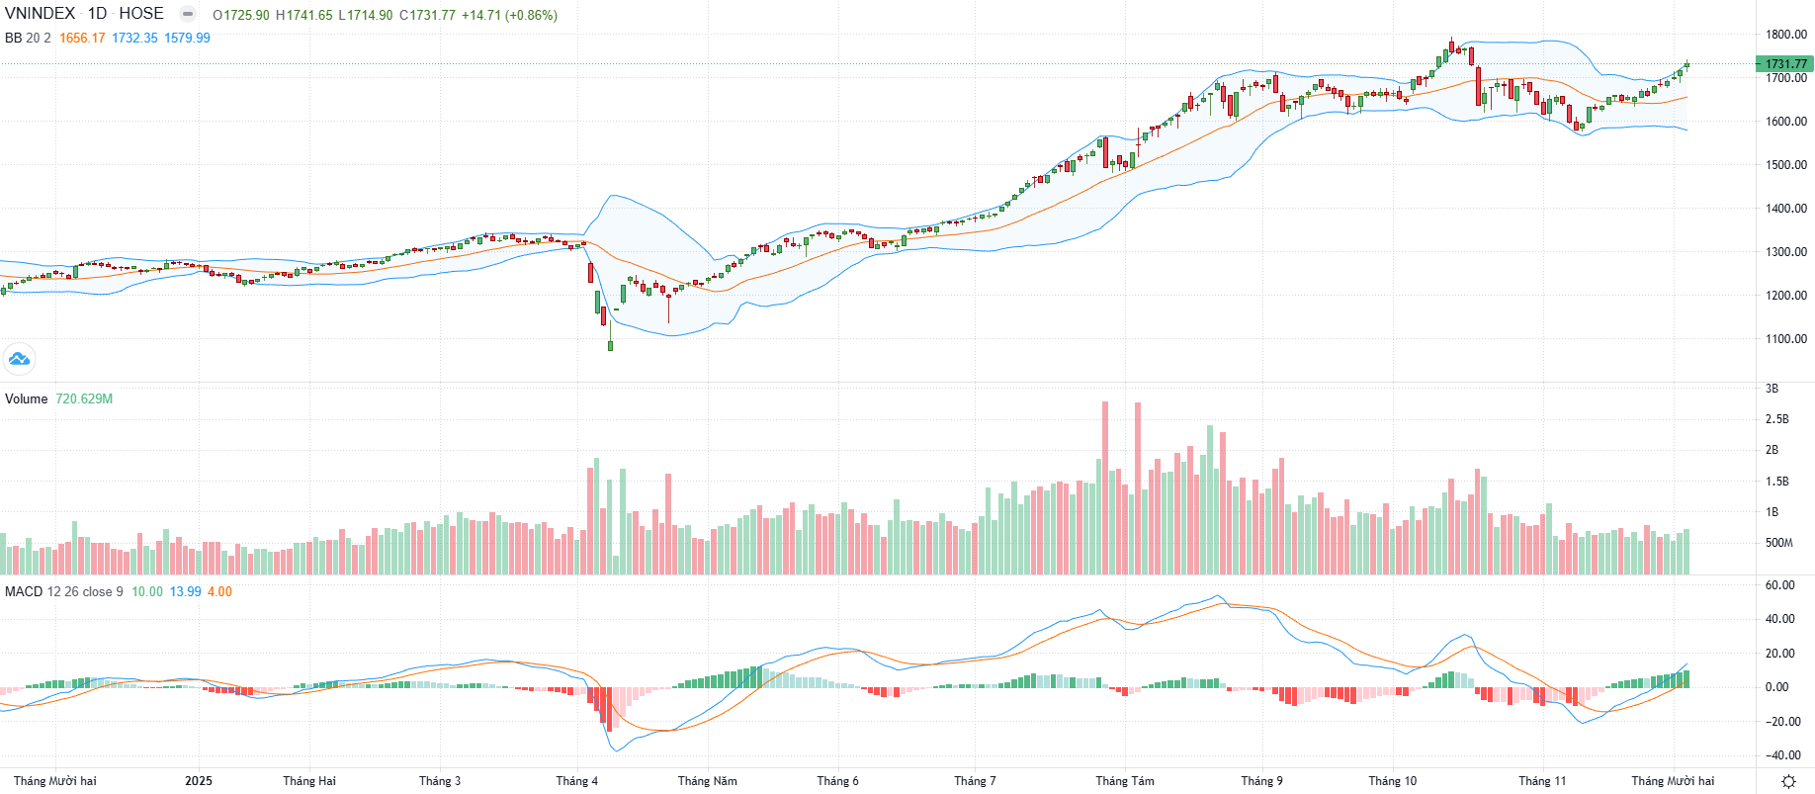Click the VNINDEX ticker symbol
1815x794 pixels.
[x=40, y=14]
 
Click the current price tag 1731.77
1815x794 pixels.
[x=1785, y=64]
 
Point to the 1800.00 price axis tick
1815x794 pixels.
[x=1786, y=35]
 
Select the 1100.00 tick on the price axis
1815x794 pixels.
[x=1786, y=339]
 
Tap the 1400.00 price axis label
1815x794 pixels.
[x=1786, y=209]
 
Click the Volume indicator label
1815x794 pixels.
[x=27, y=399]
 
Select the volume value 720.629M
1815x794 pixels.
[x=84, y=399]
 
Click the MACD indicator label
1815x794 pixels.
[x=24, y=592]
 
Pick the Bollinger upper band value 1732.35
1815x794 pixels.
[x=134, y=39]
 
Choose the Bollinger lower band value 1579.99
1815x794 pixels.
[x=187, y=39]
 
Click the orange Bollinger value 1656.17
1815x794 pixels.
[x=82, y=39]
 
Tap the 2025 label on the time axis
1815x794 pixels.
[x=199, y=781]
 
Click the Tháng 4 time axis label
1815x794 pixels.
[x=576, y=781]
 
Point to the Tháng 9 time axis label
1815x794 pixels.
[x=1261, y=781]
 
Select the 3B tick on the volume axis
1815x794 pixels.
[x=1772, y=389]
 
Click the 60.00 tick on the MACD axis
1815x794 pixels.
[x=1779, y=585]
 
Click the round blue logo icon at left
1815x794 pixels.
[x=19, y=359]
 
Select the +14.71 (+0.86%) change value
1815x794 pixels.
[x=509, y=16]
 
